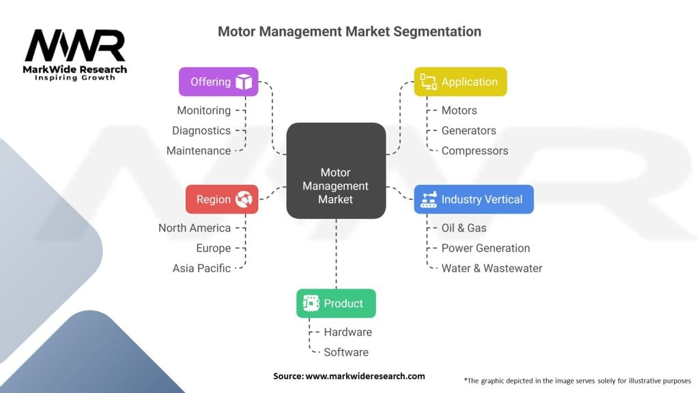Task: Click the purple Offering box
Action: (218, 82)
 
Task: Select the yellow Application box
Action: (460, 82)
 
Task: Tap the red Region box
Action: (222, 199)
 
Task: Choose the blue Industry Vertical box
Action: (474, 199)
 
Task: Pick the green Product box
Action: (336, 304)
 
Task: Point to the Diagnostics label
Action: (201, 130)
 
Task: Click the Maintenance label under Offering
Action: (199, 151)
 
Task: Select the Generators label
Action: (469, 130)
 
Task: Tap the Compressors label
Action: (475, 151)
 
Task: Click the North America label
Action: (195, 228)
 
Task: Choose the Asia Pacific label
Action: (201, 268)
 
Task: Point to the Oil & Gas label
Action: (464, 228)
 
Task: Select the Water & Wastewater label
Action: (492, 268)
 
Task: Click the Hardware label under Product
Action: (348, 332)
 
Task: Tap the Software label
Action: (346, 352)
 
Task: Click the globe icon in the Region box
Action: (244, 199)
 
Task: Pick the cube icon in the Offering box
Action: (244, 82)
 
